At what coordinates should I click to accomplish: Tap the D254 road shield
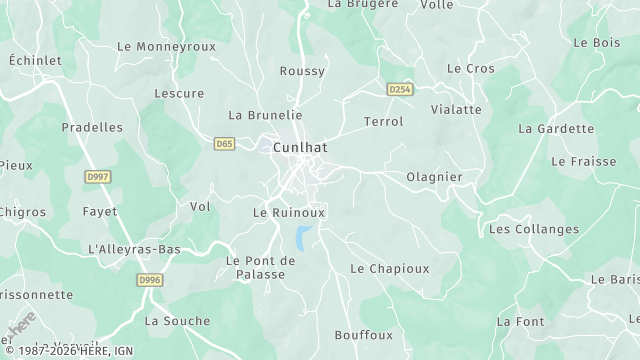coord(401,89)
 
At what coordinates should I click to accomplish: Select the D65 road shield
coord(224,144)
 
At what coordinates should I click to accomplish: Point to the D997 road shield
coord(97,176)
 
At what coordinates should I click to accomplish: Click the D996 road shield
coord(149,281)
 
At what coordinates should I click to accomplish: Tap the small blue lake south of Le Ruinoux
coord(301,237)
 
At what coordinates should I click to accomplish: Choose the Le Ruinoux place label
coord(289,213)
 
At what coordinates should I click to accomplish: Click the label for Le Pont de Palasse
coord(261,267)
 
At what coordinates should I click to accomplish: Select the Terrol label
coord(384,122)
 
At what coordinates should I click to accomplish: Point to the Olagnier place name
coord(434,177)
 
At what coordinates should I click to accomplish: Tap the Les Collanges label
coord(533,229)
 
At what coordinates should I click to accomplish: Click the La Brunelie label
coord(265,115)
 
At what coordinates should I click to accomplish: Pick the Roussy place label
coord(302,71)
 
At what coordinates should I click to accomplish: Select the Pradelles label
coord(92,127)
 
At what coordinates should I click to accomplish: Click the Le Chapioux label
coord(389,269)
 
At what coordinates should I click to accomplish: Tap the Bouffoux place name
coord(364,334)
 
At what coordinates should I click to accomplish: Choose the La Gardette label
coord(556,129)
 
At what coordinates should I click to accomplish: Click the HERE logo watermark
coord(22,326)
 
